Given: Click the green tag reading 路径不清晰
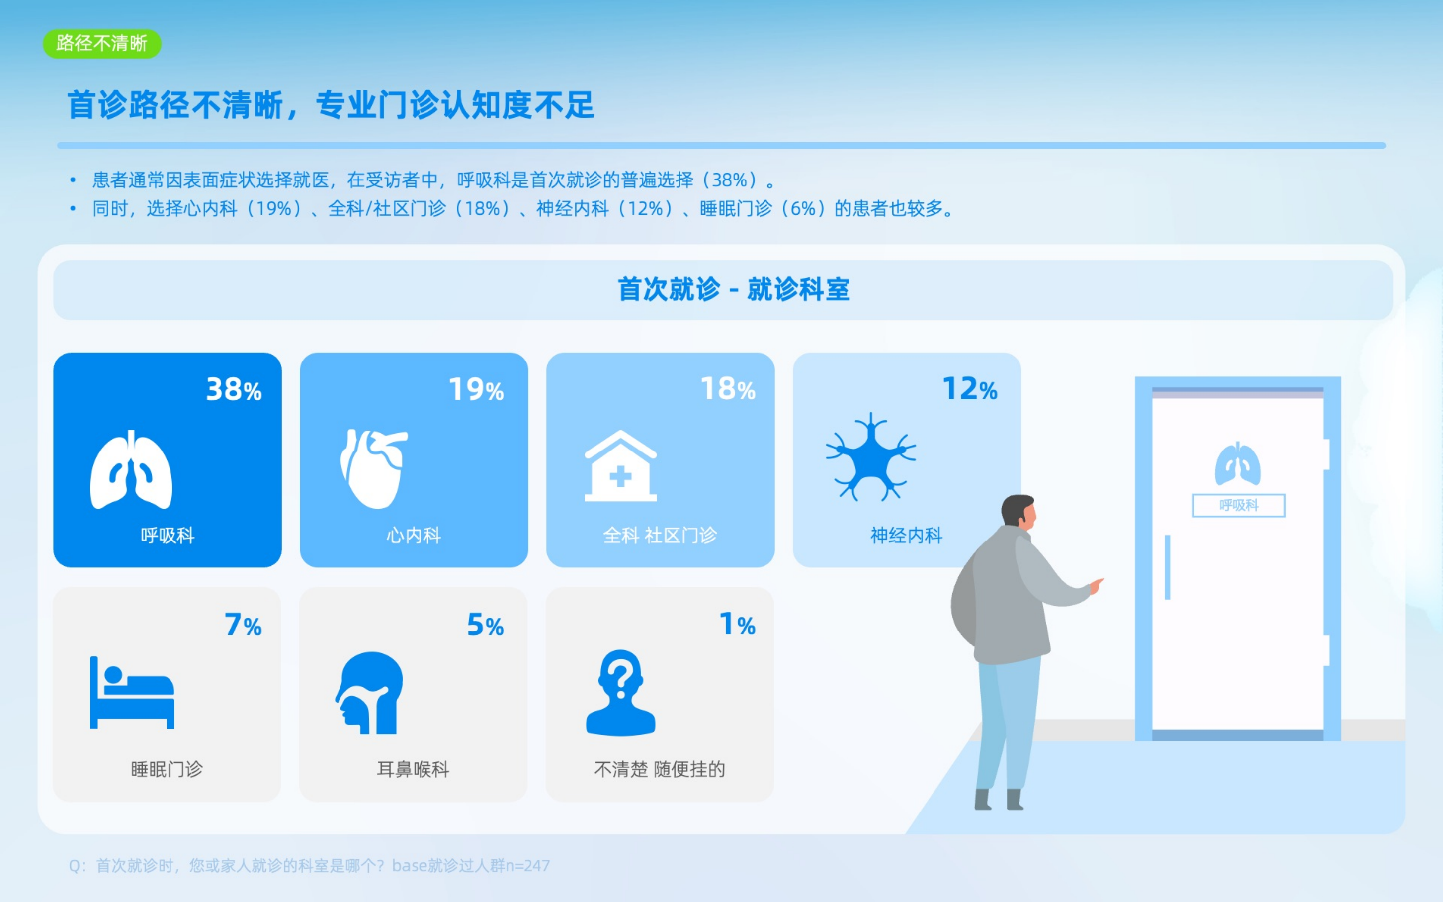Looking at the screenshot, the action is click(x=102, y=44).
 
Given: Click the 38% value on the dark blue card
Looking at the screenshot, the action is click(x=234, y=389).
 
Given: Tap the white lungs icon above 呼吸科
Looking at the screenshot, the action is click(x=131, y=469).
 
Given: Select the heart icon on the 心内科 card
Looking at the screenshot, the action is click(x=374, y=469).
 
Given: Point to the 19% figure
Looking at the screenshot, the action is click(x=476, y=389).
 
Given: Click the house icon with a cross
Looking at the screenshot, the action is click(x=620, y=466).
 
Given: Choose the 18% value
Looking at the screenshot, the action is click(x=728, y=389).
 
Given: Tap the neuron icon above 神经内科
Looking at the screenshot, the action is click(x=870, y=457).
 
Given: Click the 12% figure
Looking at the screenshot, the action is click(x=970, y=389).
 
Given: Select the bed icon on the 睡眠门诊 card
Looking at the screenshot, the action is click(x=132, y=693).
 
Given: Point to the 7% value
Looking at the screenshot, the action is click(x=243, y=625).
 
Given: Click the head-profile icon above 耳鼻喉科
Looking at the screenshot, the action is click(x=369, y=693).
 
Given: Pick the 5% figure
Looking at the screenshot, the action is click(x=485, y=625).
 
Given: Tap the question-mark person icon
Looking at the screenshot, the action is click(x=621, y=693).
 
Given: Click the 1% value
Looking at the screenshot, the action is click(x=738, y=625).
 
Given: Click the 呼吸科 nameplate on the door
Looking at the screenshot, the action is click(x=1239, y=506).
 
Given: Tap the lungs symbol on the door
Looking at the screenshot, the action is click(x=1238, y=464).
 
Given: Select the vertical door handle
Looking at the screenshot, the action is click(x=1168, y=567).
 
